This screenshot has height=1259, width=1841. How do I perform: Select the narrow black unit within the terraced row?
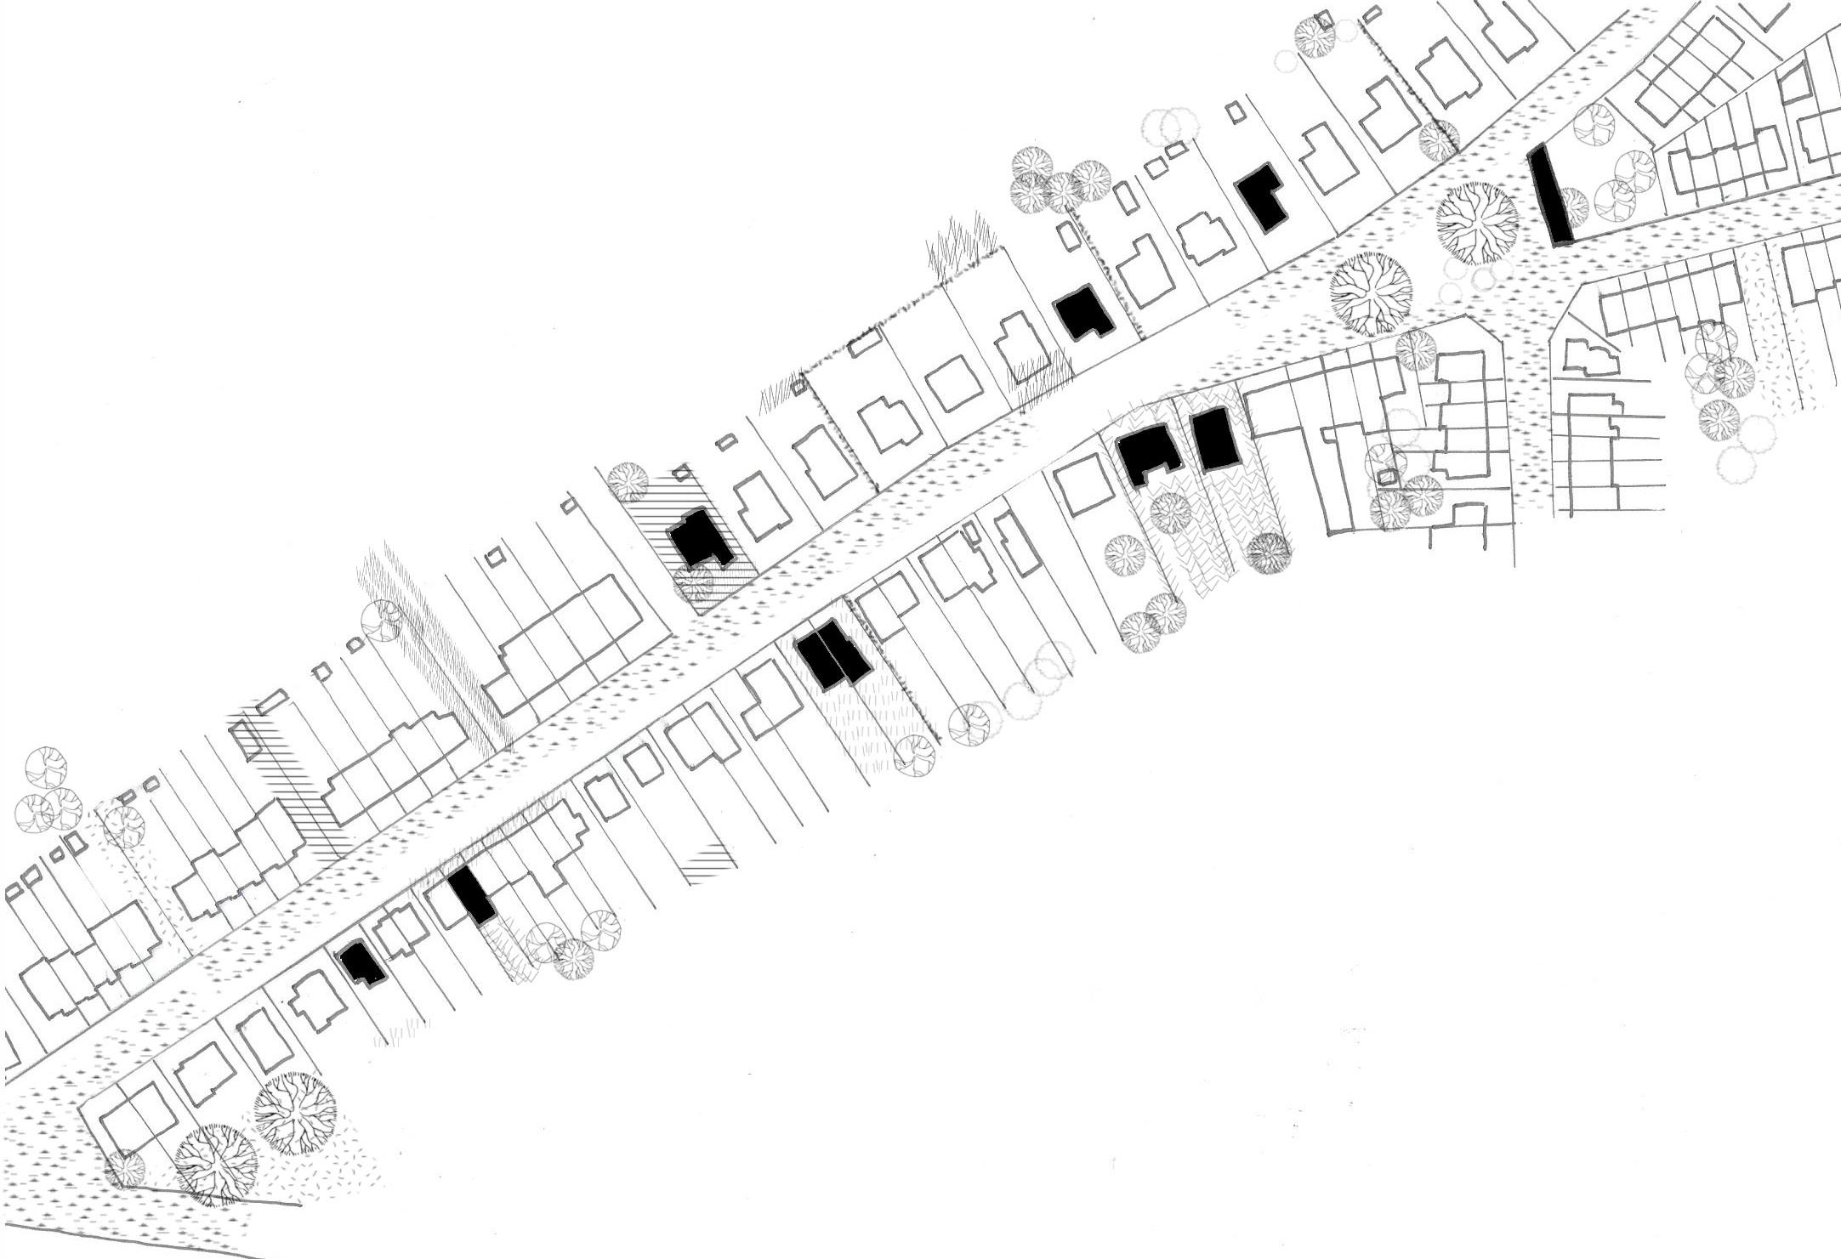[471, 895]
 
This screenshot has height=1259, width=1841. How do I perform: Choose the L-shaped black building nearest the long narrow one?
[1262, 196]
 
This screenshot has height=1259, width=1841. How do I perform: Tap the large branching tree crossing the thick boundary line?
[216, 1164]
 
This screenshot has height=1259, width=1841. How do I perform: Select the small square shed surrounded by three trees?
[1387, 477]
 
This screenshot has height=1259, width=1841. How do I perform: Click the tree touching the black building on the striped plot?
[695, 584]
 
